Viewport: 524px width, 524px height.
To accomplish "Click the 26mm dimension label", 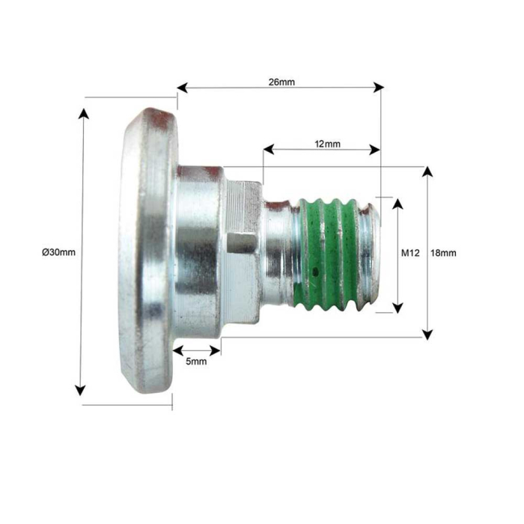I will [281, 81].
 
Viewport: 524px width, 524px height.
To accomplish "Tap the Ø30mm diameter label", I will [58, 252].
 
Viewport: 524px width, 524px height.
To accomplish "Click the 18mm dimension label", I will [443, 253].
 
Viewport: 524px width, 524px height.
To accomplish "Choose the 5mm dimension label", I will [196, 362].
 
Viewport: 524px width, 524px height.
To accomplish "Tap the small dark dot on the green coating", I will [316, 270].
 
